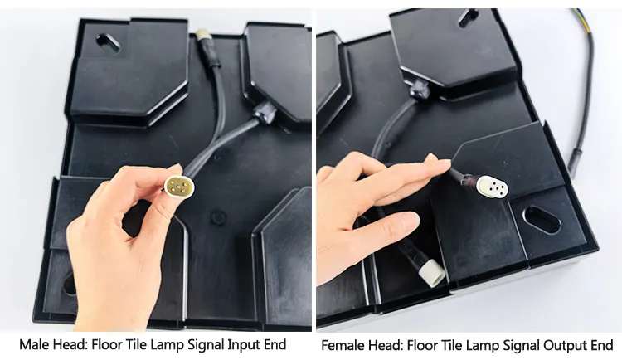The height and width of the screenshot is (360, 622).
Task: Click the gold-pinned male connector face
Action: [180, 185]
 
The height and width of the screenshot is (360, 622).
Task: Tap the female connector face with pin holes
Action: [493, 187]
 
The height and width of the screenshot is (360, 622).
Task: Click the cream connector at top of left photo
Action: [202, 37]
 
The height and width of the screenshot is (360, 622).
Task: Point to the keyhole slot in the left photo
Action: [108, 44]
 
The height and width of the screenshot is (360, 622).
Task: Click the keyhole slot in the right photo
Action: [469, 17]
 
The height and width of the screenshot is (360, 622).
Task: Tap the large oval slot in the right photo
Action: [542, 220]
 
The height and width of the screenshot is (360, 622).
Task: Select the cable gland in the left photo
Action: [264, 113]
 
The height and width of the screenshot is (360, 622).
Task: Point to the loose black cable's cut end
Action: [573, 163]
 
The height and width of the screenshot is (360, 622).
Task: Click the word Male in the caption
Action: [34, 344]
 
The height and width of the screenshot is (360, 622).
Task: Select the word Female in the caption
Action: [343, 345]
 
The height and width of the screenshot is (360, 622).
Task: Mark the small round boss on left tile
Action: [218, 217]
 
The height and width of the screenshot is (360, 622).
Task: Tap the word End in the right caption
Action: [600, 345]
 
